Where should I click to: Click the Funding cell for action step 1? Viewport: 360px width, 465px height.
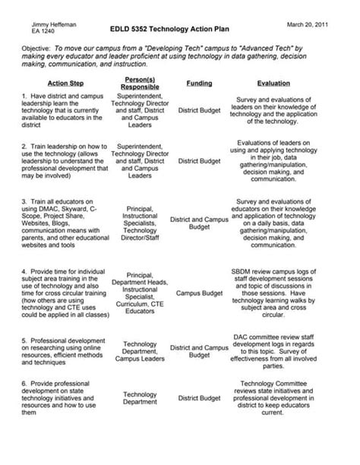click(x=199, y=110)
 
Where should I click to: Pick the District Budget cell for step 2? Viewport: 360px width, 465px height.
click(x=199, y=161)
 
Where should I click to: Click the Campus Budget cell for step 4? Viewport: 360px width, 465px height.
click(x=198, y=291)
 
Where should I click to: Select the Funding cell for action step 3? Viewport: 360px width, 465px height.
click(x=199, y=223)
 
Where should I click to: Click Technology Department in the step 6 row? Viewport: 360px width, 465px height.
click(x=140, y=399)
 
